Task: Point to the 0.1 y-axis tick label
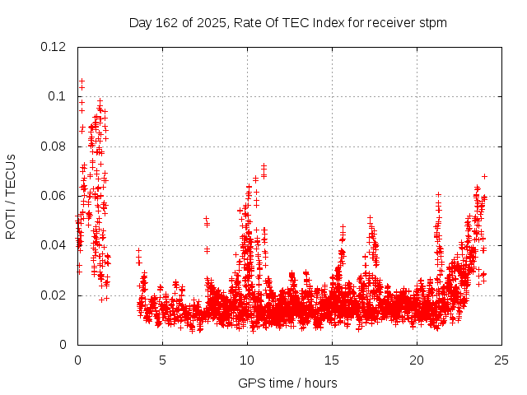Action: tap(57, 96)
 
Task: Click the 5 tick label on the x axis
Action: tap(162, 360)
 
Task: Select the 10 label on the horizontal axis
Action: tap(247, 360)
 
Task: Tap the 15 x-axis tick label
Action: tap(332, 360)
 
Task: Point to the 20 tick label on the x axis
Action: tap(417, 360)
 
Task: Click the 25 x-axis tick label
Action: tap(501, 360)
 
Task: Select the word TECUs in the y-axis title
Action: tap(11, 173)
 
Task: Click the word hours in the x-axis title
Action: tap(319, 383)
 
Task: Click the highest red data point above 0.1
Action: tap(82, 81)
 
